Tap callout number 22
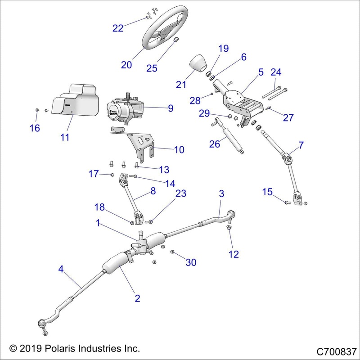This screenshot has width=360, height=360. click(x=118, y=28)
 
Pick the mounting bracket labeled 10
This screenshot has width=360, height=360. click(x=142, y=144)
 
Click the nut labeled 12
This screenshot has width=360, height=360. click(x=229, y=233)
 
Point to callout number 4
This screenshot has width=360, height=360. click(x=61, y=270)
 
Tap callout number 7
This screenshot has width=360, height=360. click(x=301, y=145)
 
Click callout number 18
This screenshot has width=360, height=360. click(x=99, y=207)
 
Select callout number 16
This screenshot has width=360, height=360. click(x=35, y=128)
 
